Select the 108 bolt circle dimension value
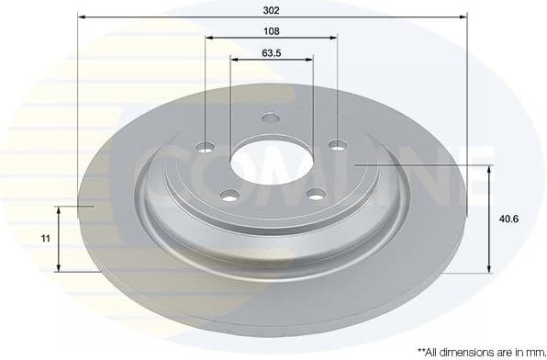(271, 30)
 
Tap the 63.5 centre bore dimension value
(271, 52)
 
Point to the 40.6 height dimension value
(508, 219)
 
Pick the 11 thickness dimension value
(44, 238)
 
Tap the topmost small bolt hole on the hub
(270, 118)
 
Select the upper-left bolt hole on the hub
(206, 147)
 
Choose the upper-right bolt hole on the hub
(338, 144)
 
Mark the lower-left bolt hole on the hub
(229, 194)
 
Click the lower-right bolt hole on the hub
(316, 194)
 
